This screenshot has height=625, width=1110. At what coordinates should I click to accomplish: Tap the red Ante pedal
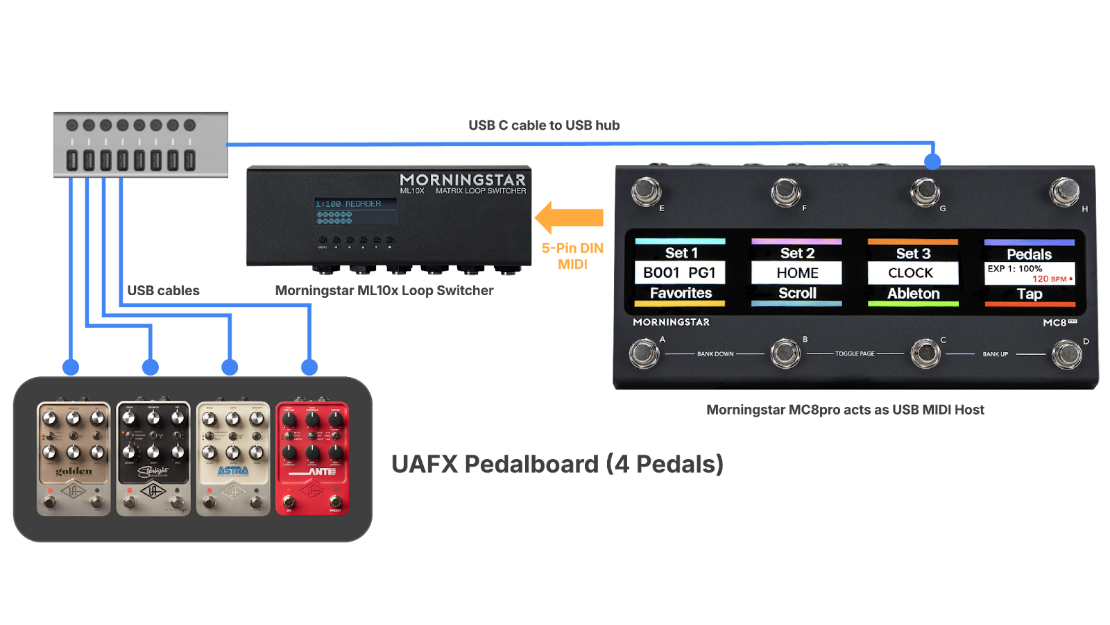pyautogui.click(x=312, y=458)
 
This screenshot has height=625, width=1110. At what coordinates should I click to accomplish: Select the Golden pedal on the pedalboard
pyautogui.click(x=74, y=458)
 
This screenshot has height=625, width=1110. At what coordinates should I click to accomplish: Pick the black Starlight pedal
pyautogui.click(x=153, y=458)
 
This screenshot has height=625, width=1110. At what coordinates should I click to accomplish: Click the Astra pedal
pyautogui.click(x=233, y=458)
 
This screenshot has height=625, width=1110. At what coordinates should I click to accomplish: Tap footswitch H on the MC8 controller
pyautogui.click(x=1064, y=192)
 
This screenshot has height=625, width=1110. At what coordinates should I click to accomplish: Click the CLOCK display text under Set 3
pyautogui.click(x=912, y=273)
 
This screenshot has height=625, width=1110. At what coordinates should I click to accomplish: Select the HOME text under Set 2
pyautogui.click(x=797, y=273)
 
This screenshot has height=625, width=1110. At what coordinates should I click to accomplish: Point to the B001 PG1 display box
pyautogui.click(x=680, y=273)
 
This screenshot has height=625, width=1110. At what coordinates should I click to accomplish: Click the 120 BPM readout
pyautogui.click(x=1050, y=279)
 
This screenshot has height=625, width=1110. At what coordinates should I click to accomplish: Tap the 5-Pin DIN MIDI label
pyautogui.click(x=572, y=256)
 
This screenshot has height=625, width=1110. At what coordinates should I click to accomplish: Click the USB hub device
pyautogui.click(x=141, y=144)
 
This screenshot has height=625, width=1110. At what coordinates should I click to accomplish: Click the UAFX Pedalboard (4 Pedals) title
pyautogui.click(x=557, y=464)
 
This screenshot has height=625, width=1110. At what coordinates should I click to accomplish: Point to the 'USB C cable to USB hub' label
pyautogui.click(x=544, y=125)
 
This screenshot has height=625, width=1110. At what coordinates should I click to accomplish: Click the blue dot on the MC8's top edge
pyautogui.click(x=933, y=162)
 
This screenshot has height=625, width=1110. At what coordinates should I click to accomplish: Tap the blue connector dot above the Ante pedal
pyautogui.click(x=309, y=367)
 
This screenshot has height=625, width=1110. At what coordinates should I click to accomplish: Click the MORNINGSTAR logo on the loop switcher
pyautogui.click(x=463, y=180)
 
